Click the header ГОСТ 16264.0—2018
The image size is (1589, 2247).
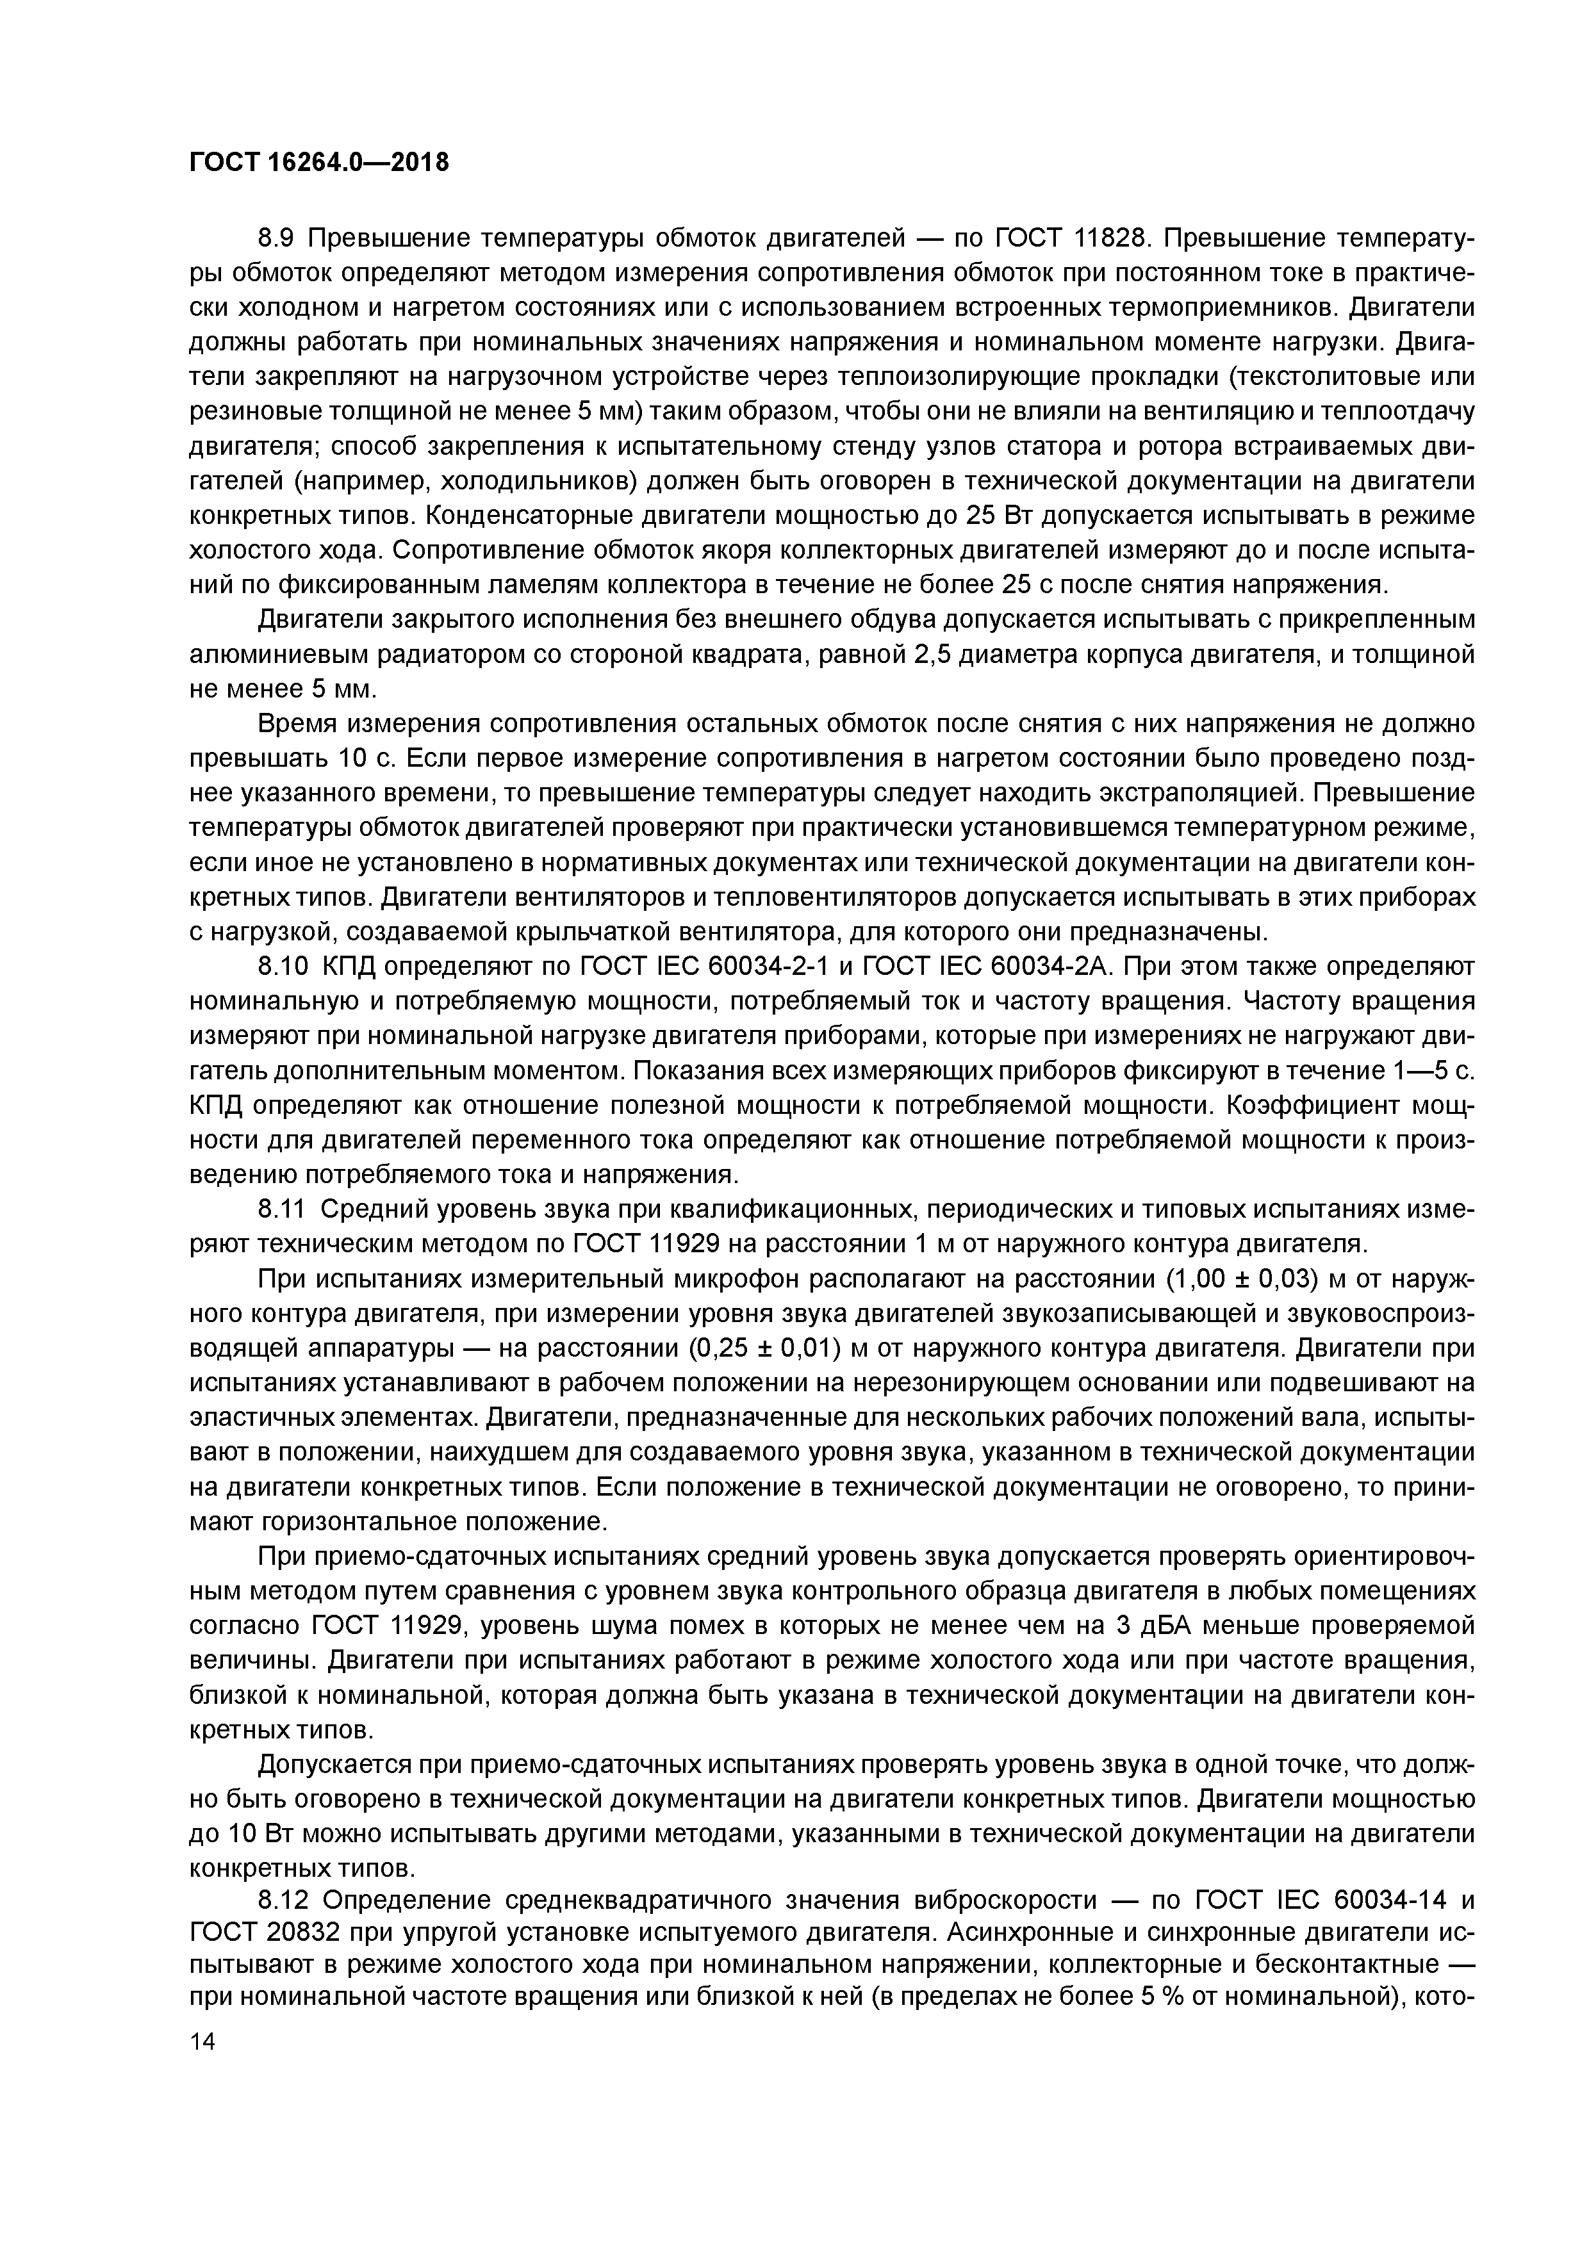click(318, 161)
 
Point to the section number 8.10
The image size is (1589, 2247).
click(282, 967)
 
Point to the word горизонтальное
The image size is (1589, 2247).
click(358, 1522)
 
